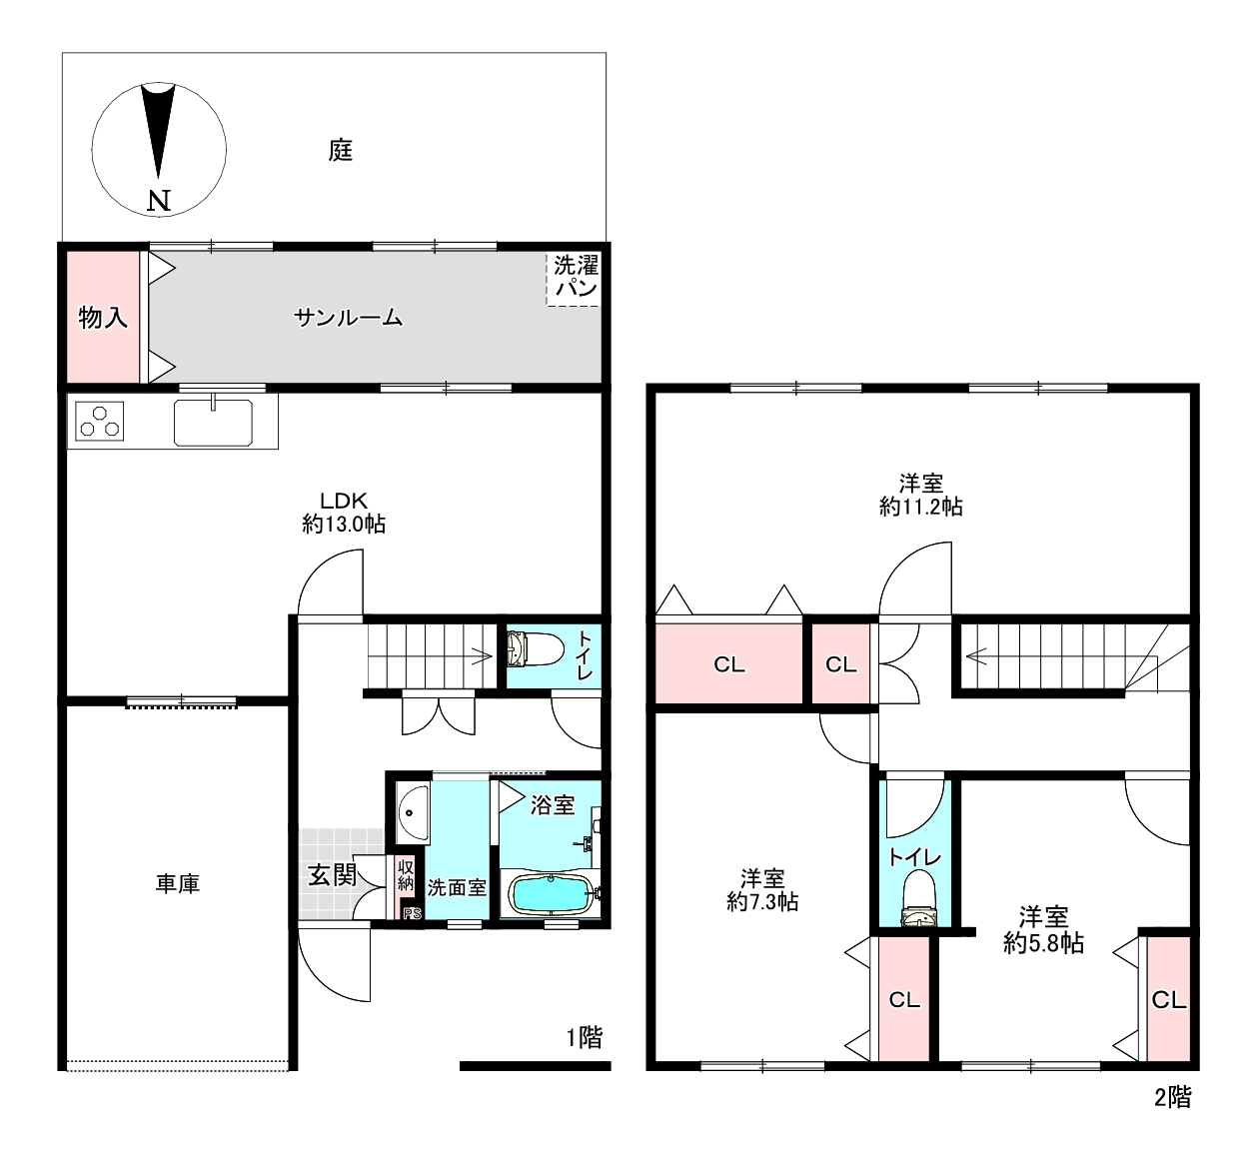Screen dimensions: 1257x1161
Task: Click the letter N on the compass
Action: pos(159,201)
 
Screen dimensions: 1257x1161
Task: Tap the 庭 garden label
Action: pos(340,151)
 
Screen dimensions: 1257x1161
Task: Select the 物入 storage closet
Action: pos(103,317)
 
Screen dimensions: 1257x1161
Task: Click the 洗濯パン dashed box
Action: pos(574,279)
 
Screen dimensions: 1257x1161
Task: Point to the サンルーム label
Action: pos(348,317)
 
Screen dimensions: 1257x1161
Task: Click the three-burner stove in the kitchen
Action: pos(99,421)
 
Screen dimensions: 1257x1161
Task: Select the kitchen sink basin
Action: pos(213,423)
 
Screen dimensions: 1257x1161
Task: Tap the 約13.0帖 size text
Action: pos(344,525)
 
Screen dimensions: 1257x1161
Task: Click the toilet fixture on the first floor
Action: pos(535,648)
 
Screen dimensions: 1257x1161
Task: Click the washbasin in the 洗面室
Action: pos(413,813)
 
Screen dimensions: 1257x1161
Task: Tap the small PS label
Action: pos(412,913)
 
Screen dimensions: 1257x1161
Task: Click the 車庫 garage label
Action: pos(178,883)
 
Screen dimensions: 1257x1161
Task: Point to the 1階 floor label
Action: pos(585,1037)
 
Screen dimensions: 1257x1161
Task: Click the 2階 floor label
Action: pos(1173,1097)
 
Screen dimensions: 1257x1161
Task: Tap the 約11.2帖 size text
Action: pos(921,507)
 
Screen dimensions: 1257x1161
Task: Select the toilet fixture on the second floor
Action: pos(918,898)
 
